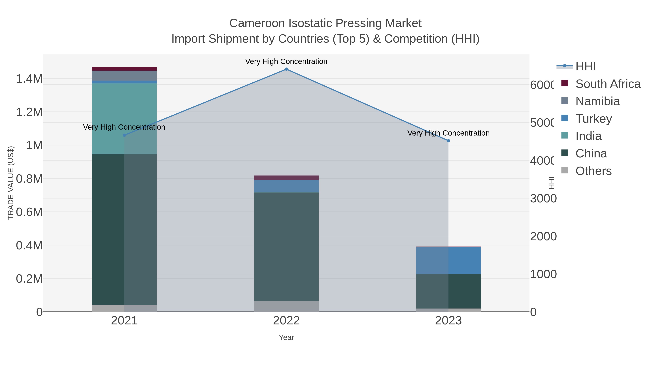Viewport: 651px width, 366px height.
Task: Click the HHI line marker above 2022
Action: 286,69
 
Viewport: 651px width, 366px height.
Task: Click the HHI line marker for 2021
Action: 124,135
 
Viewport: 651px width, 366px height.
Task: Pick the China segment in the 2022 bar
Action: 286,246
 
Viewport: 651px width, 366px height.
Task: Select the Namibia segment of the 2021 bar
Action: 124,76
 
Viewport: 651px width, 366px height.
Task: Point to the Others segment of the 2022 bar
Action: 286,306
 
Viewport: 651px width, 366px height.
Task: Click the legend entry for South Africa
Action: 608,84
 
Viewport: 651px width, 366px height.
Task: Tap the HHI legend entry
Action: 586,67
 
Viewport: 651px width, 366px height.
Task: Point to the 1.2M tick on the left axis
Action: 29,112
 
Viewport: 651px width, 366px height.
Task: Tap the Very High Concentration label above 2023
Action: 448,133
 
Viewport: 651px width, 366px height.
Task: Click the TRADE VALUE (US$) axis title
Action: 11,183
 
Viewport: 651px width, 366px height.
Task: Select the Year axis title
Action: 286,337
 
